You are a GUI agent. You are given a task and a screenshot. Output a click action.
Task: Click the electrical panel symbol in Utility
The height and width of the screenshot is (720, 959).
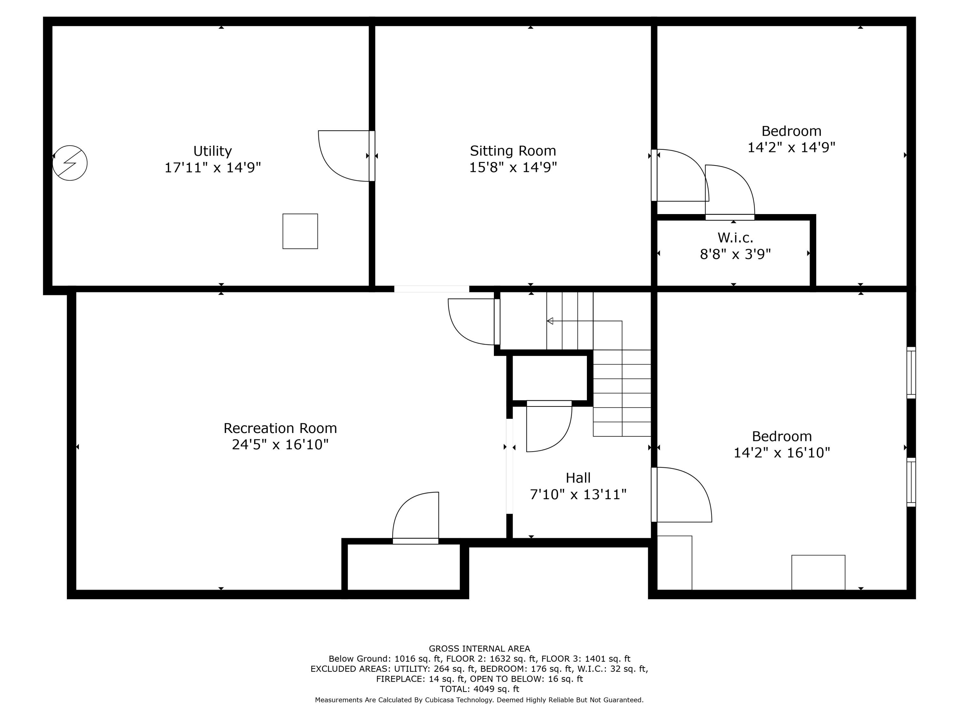[70, 163]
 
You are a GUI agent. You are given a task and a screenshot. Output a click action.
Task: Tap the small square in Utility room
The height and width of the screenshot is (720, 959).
[300, 231]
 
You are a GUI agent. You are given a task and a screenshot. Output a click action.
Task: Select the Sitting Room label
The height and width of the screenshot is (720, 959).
[513, 151]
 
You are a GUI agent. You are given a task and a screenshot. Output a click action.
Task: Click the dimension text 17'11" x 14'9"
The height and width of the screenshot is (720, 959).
[213, 168]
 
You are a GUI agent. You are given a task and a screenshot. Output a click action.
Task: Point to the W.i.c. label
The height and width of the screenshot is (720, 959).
[735, 237]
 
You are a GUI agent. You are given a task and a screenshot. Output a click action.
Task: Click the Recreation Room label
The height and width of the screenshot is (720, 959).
[280, 428]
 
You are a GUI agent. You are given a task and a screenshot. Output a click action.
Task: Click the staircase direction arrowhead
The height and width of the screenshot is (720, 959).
[550, 321]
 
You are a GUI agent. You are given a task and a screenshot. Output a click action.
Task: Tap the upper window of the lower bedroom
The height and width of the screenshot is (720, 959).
[911, 373]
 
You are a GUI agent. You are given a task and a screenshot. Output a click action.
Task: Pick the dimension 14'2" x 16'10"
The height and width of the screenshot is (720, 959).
[782, 453]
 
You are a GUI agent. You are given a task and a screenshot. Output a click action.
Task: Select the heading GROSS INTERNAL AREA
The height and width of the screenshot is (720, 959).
[479, 648]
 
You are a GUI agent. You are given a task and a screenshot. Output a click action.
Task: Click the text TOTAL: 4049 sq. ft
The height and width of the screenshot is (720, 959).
[479, 689]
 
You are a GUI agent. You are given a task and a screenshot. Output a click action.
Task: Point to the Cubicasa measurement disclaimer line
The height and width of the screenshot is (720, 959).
[479, 700]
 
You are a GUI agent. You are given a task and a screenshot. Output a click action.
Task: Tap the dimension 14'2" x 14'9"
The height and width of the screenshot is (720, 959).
[791, 148]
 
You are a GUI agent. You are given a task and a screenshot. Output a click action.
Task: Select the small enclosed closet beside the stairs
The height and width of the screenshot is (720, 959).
[550, 378]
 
